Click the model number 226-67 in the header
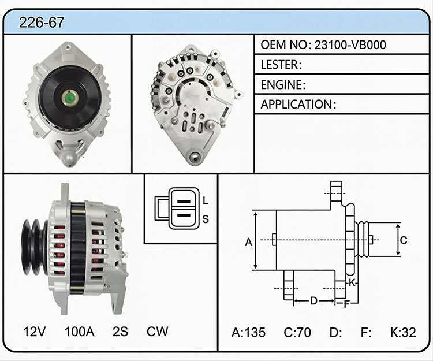pos(42,23)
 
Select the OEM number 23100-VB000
pos(350,44)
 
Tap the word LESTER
pos(279,65)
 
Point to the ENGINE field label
pos(281,85)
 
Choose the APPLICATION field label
pos(296,105)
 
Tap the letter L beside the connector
pos(205,200)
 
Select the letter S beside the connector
pos(206,219)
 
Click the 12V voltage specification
pos(34,332)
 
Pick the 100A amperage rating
pos(80,332)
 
